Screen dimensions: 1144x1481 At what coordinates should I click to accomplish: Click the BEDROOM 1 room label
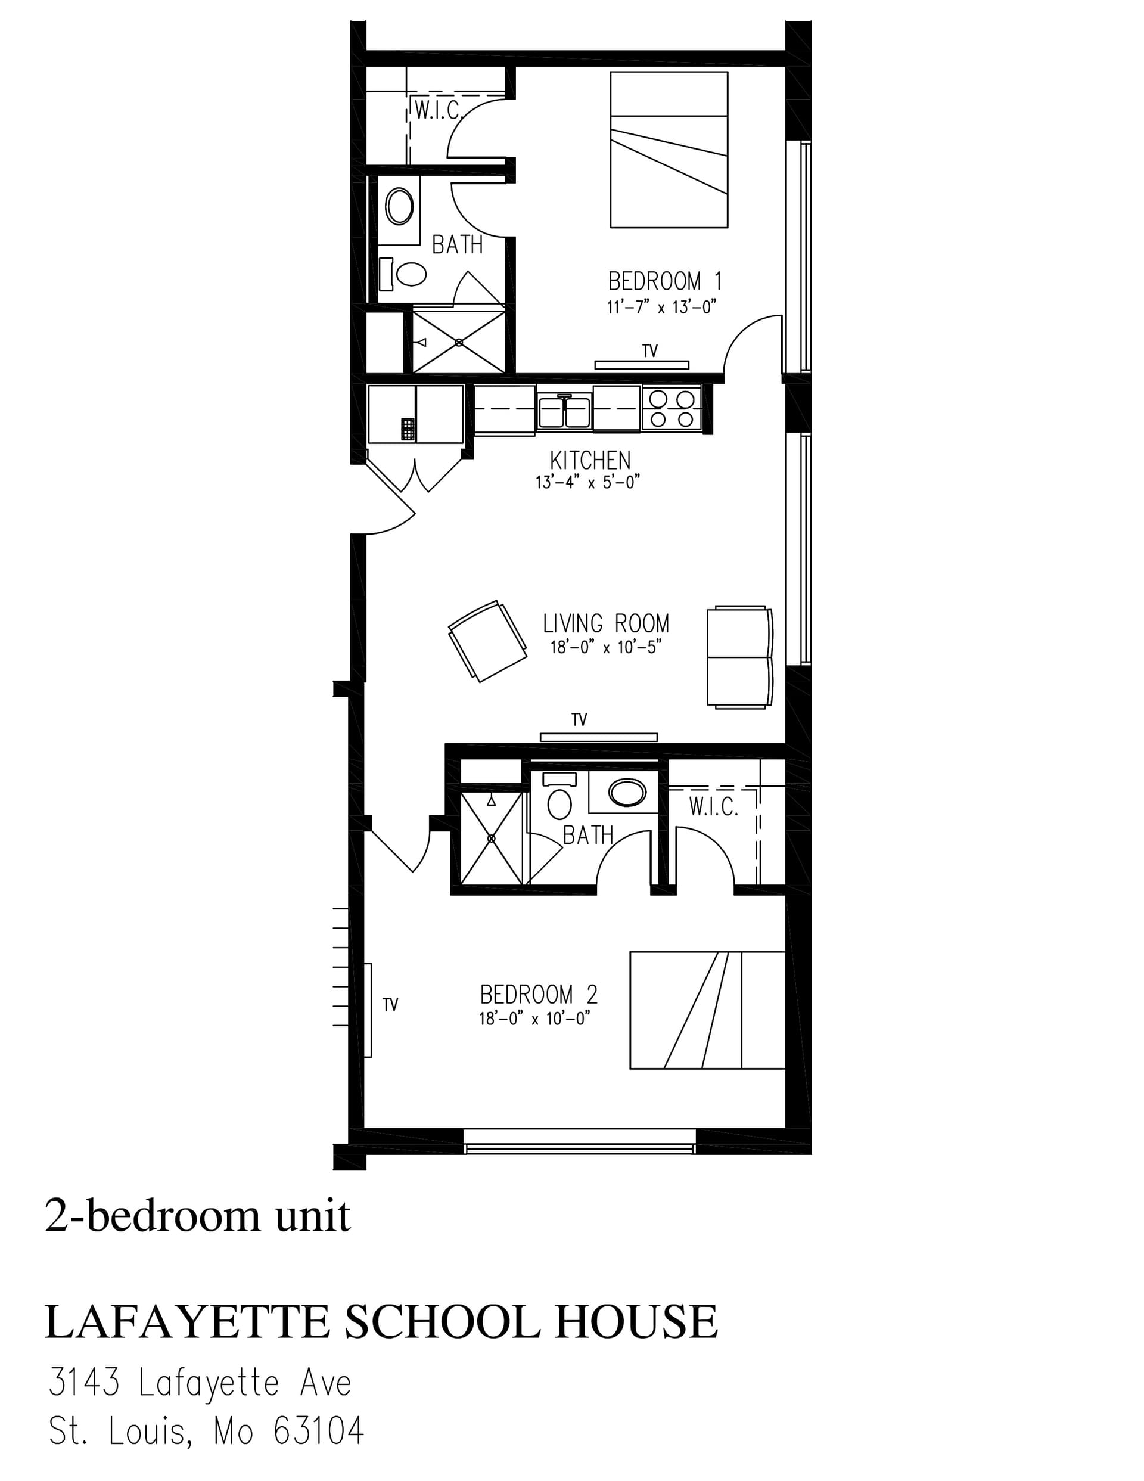coord(664,281)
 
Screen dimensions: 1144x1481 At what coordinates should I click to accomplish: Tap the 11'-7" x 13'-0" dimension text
coord(662,307)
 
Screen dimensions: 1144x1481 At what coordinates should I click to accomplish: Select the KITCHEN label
coord(590,461)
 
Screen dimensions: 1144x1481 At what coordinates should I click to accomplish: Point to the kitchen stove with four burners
coord(671,408)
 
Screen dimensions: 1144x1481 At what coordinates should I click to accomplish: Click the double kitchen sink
coord(564,412)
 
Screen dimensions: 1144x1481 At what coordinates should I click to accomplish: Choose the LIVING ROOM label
coord(605,623)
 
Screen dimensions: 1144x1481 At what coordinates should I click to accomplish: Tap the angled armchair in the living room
coord(487,641)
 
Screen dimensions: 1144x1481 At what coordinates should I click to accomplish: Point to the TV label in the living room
coord(579,719)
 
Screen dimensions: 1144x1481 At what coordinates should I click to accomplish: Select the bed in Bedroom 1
coord(669,150)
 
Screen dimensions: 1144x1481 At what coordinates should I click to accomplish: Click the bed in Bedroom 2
coord(707,1010)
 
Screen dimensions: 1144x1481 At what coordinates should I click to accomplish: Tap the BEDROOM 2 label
coord(539,995)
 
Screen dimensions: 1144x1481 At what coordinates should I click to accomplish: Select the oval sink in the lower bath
coord(627,792)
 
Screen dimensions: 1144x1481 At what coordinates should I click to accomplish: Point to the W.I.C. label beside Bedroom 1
coord(437,110)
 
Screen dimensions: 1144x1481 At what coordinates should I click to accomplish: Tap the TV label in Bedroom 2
coord(390,1005)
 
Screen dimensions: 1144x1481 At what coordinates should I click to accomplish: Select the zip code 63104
coord(319,1432)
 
